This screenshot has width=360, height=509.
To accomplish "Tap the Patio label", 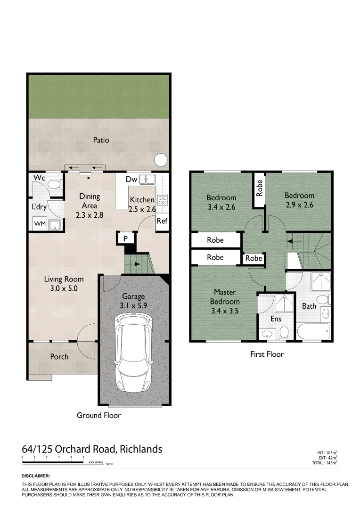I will click(101, 140).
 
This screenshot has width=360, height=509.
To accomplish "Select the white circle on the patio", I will click(161, 160).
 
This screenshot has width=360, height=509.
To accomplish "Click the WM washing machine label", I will click(40, 224).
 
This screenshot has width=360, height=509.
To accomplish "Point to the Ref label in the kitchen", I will click(162, 221).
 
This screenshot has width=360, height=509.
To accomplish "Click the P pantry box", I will click(126, 239).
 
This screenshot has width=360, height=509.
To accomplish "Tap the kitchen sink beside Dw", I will click(149, 179).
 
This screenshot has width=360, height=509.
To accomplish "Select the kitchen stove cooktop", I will click(163, 200).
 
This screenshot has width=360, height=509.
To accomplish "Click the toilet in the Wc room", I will click(55, 183).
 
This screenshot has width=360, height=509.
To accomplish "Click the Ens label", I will click(276, 319).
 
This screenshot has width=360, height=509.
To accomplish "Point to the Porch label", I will click(59, 357).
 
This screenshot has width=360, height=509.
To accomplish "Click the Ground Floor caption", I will click(98, 415).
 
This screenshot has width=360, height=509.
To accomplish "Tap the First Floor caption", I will click(267, 354).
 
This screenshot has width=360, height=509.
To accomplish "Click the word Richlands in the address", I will click(141, 449).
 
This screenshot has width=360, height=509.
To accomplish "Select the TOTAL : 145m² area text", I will click(325, 463).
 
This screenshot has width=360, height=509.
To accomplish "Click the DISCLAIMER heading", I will click(36, 476).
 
